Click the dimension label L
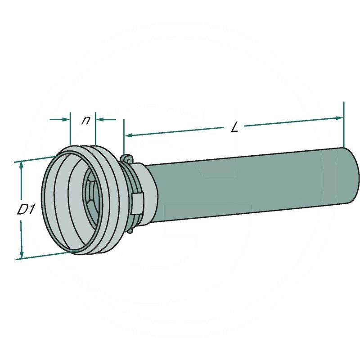(x=234, y=127)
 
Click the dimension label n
(x=85, y=120)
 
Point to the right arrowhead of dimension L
(x=339, y=118)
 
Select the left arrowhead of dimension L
(x=129, y=135)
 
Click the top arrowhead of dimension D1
(x=22, y=165)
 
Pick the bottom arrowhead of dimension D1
(x=22, y=254)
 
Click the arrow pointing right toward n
(x=59, y=119)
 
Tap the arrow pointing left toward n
(x=106, y=119)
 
